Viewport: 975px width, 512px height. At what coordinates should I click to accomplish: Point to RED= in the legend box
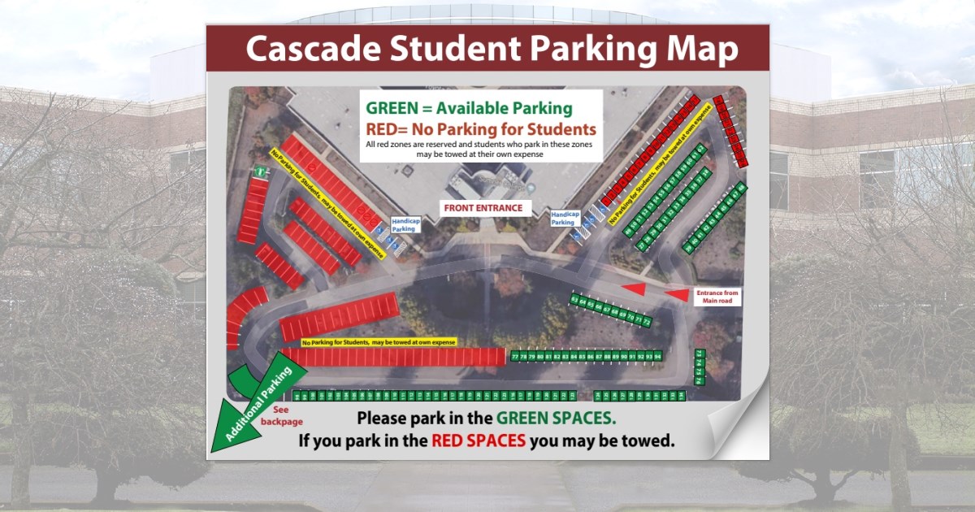coord(387,128)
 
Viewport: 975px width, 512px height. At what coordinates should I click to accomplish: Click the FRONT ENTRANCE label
coord(483,208)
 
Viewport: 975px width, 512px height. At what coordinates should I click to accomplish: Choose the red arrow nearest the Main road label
coord(676,294)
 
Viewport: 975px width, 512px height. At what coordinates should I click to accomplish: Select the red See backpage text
coord(280,416)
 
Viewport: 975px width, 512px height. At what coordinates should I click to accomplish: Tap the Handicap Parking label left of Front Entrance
coord(403,224)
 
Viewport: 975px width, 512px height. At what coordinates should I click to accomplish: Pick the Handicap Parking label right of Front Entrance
coord(564,219)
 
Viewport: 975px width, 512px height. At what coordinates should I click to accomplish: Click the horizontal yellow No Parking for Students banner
coord(379,342)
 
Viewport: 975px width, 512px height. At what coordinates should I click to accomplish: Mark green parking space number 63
coord(575,300)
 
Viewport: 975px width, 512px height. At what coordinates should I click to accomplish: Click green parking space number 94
coord(658,356)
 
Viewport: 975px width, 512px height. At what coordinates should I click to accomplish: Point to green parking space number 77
coord(514,356)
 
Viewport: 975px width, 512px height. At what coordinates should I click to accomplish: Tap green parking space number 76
coord(699,379)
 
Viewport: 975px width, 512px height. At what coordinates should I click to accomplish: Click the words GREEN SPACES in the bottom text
coord(556,419)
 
